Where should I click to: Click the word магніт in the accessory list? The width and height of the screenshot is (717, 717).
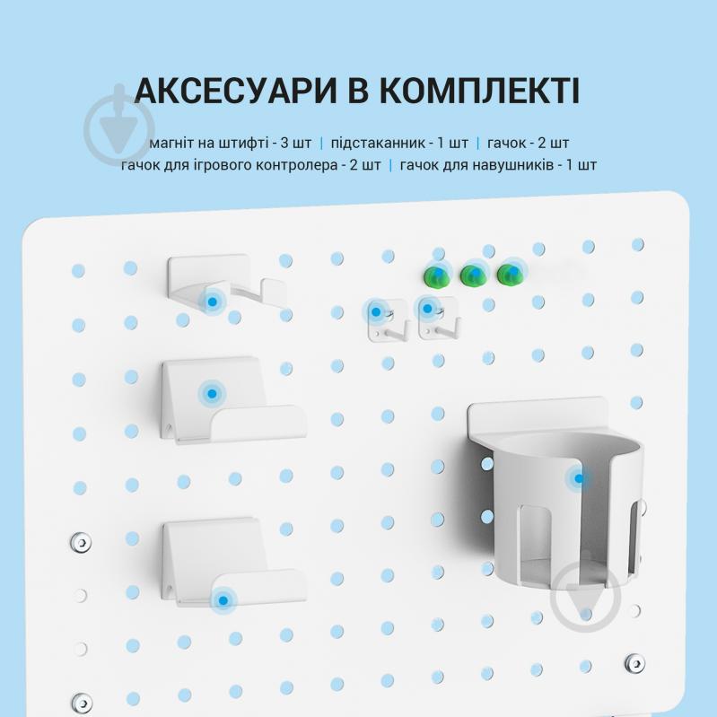click(173, 144)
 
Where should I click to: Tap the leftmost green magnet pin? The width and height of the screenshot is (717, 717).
click(437, 275)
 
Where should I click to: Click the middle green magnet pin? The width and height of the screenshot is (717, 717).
click(473, 275)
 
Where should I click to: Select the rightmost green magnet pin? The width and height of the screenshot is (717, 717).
click(510, 274)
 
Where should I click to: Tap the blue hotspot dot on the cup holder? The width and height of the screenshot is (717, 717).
click(579, 478)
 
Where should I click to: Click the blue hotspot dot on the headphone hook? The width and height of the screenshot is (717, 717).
click(212, 302)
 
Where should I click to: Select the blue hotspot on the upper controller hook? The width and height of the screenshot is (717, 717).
click(212, 392)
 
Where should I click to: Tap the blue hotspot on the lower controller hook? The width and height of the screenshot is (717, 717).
click(223, 599)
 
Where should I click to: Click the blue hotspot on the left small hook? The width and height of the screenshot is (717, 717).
click(376, 312)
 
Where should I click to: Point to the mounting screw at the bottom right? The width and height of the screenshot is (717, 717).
click(635, 663)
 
